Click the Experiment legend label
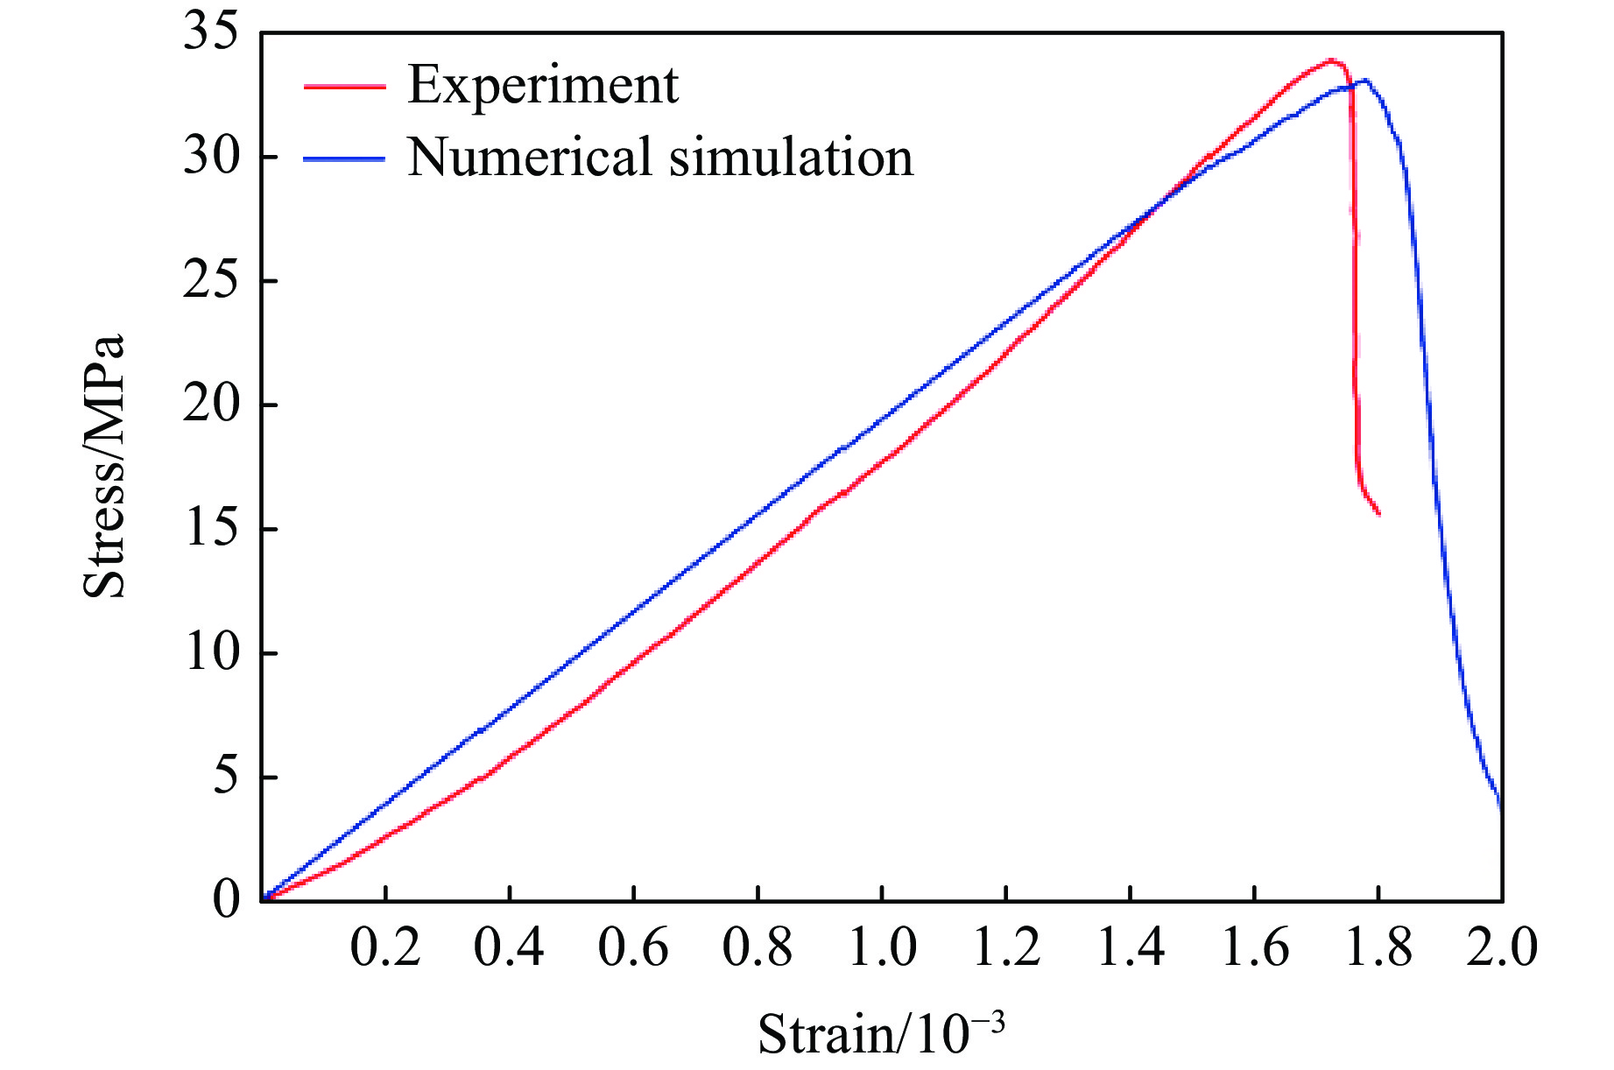pyautogui.click(x=542, y=86)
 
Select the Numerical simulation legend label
pyautogui.click(x=659, y=158)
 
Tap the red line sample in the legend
pyautogui.click(x=344, y=87)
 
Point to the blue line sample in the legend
pyautogui.click(x=344, y=159)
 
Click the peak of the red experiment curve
pyautogui.click(x=1331, y=60)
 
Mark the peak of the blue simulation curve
pyautogui.click(x=1364, y=81)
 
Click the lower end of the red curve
pyautogui.click(x=1378, y=514)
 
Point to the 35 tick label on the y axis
pyautogui.click(x=210, y=32)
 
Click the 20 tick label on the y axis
pyautogui.click(x=210, y=405)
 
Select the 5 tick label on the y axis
pyautogui.click(x=225, y=778)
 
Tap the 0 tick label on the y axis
pyautogui.click(x=225, y=899)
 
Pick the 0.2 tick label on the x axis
pyautogui.click(x=385, y=948)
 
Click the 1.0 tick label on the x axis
pyautogui.click(x=882, y=948)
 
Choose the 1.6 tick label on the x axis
pyautogui.click(x=1254, y=948)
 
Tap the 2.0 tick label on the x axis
pyautogui.click(x=1502, y=948)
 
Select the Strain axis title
pyautogui.click(x=881, y=1033)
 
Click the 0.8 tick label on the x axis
pyautogui.click(x=758, y=948)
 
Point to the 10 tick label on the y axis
pyautogui.click(x=210, y=653)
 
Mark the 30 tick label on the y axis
pyautogui.click(x=210, y=157)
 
